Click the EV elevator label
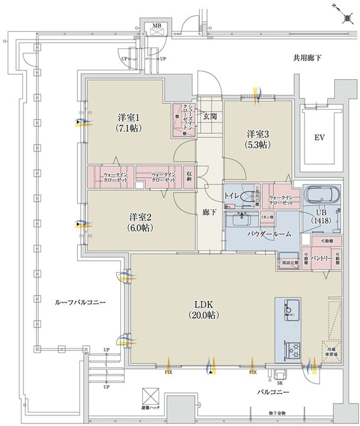point(319,138)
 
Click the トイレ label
point(233,194)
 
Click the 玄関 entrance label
point(210,116)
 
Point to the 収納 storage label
point(189,176)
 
